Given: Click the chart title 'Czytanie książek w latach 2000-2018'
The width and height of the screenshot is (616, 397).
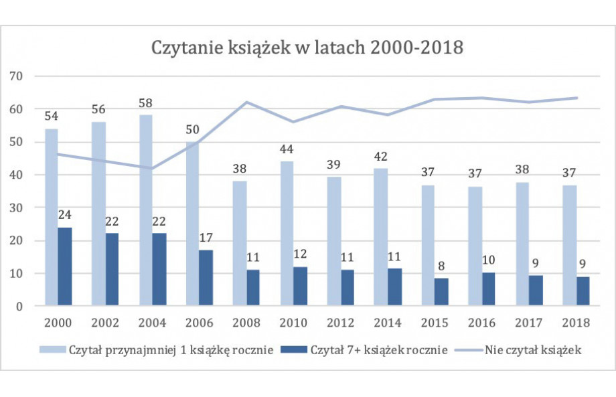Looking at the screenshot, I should tap(308, 49).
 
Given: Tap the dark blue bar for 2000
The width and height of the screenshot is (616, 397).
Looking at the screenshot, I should tap(64, 266).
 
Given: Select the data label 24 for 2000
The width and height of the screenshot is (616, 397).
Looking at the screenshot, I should tap(64, 216).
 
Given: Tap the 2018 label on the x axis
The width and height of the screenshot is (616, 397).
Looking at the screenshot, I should tap(576, 323).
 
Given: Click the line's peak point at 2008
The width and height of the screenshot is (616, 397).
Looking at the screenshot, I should tap(246, 102).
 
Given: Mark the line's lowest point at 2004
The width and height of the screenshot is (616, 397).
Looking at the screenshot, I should tap(153, 169).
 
